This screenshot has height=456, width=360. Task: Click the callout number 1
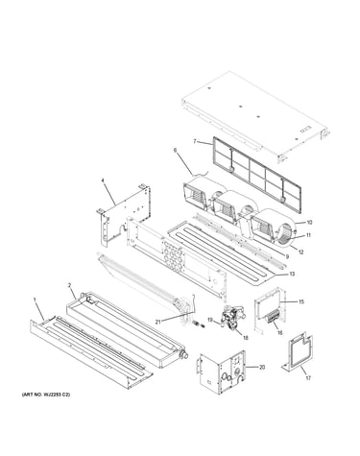pos(35,299)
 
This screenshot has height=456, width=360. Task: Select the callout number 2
pos(69,284)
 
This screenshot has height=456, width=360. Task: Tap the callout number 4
pos(103,180)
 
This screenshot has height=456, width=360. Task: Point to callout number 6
pos(175,150)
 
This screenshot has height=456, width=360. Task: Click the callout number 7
pos(195,141)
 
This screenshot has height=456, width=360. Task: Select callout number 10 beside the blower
pos(309,223)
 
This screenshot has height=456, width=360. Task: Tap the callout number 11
pos(308,235)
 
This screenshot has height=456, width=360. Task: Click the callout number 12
pos(300,252)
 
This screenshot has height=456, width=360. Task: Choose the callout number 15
pos(300,301)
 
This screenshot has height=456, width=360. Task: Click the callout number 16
pos(280,333)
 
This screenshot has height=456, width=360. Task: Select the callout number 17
pos(308,378)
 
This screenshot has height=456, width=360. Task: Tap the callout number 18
pos(246,338)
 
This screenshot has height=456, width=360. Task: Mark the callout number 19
pos(210,320)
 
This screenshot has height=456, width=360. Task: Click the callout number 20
pos(262,368)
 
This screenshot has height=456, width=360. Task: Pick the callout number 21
pos(157,322)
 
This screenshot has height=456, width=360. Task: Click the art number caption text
pos(46,395)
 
